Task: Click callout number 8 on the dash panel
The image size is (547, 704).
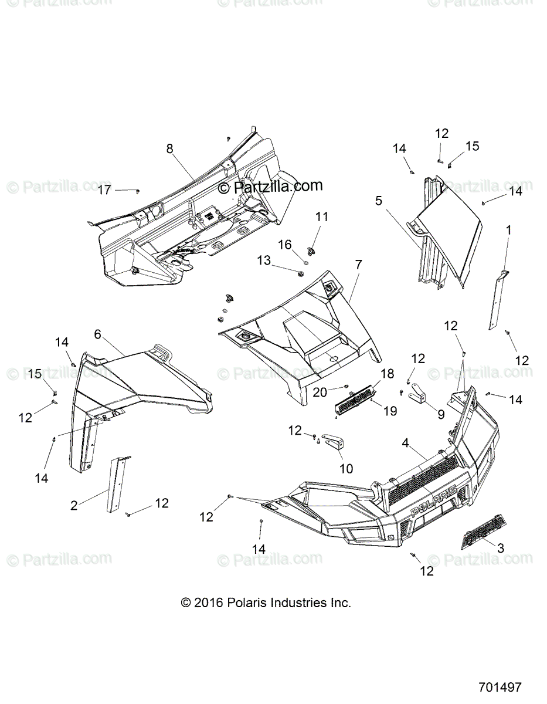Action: (169, 149)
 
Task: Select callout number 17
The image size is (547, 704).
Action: (104, 190)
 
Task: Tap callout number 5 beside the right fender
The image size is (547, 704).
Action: (379, 201)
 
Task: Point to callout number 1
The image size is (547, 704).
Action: (509, 229)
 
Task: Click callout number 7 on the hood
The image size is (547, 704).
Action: (358, 265)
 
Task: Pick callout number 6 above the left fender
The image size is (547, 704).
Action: (97, 334)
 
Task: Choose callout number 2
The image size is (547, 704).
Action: (74, 505)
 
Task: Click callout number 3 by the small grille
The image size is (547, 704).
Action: (500, 549)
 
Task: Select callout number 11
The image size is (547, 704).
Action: (322, 216)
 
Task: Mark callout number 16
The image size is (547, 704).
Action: (284, 244)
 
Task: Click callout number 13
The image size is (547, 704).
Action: (264, 260)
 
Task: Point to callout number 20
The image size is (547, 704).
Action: (320, 392)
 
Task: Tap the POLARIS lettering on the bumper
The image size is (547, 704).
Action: (434, 505)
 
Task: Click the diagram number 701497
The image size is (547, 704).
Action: (499, 686)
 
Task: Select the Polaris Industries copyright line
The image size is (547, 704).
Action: (266, 603)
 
